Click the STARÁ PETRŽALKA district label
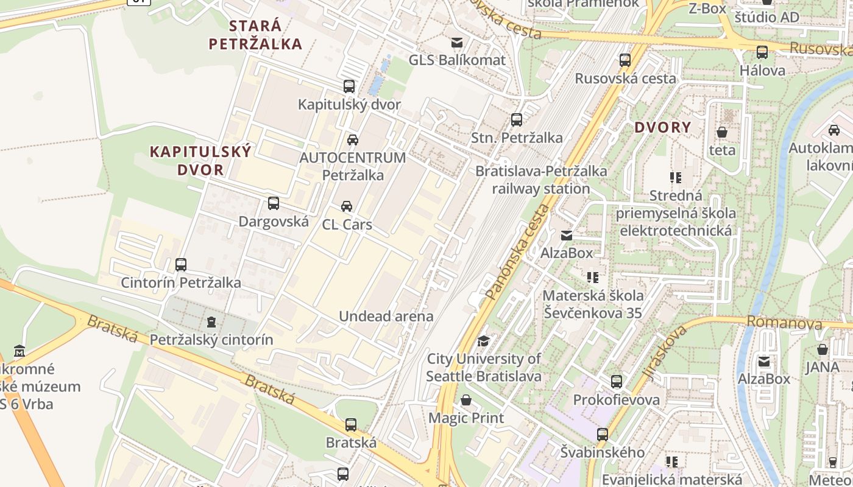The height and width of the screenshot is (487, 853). click(x=255, y=35)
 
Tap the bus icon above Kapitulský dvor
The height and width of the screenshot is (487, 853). click(x=349, y=86)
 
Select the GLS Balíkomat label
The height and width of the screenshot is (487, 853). click(x=457, y=60)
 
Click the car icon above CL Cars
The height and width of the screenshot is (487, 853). click(x=347, y=206)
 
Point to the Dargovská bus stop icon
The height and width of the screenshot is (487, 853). click(x=274, y=203)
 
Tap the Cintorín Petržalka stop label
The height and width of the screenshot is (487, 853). click(x=181, y=282)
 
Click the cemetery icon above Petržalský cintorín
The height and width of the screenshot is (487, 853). click(x=211, y=321)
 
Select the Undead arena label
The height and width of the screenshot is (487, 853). click(x=386, y=316)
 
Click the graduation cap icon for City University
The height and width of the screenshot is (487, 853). click(x=484, y=341)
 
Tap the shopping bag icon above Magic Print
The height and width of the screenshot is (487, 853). click(x=466, y=400)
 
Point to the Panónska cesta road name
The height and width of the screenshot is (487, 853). click(x=518, y=252)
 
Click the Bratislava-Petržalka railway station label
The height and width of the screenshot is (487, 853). click(x=541, y=180)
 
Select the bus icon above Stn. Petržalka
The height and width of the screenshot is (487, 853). click(x=517, y=120)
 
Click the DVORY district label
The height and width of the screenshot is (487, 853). click(x=663, y=127)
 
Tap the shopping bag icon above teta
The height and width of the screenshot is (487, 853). click(x=722, y=132)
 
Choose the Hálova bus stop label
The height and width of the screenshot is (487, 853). click(x=762, y=70)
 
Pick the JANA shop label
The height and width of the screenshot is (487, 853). click(x=823, y=367)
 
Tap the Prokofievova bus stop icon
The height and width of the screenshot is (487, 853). click(x=617, y=382)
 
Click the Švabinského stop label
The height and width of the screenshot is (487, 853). click(x=603, y=452)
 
